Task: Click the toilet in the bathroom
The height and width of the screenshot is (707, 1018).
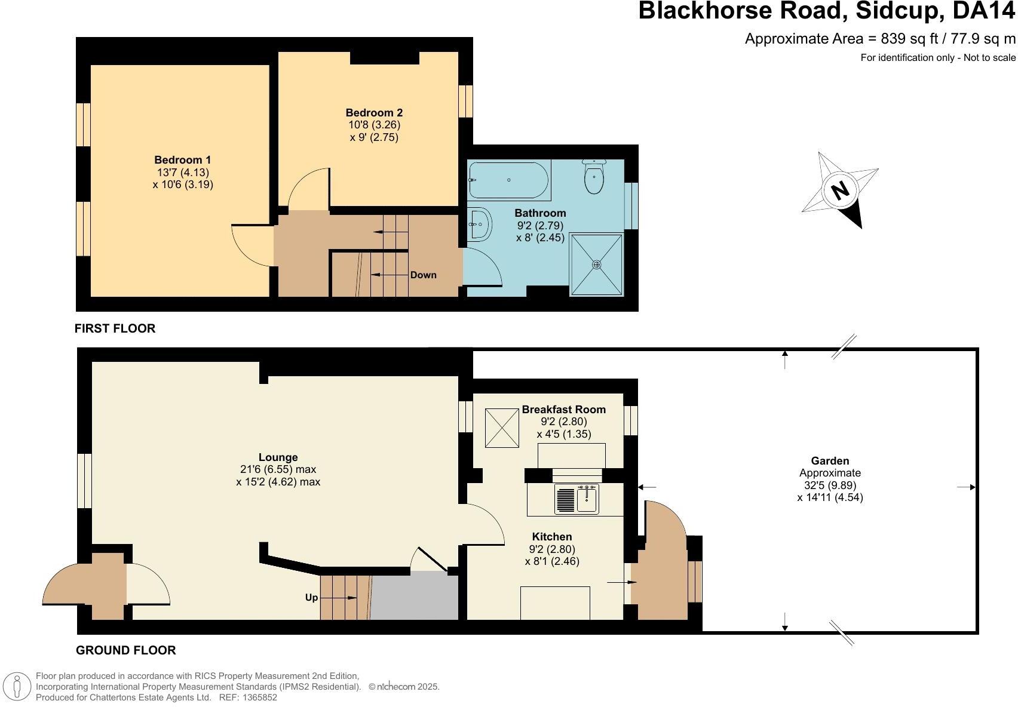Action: [594, 177]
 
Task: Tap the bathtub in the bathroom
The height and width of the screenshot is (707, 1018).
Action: [508, 180]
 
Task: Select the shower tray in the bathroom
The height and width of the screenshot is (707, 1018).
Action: [596, 265]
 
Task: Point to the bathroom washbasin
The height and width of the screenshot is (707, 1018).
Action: [479, 225]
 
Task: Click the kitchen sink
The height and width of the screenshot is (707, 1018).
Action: [577, 499]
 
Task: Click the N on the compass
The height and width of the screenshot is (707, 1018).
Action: [840, 190]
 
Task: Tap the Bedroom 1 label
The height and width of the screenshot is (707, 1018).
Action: [182, 160]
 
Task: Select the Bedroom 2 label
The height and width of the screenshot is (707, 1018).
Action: [374, 113]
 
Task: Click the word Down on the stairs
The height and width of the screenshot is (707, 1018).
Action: [423, 275]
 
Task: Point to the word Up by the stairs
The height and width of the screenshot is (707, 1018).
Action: [311, 597]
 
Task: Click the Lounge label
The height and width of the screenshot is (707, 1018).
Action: [278, 457]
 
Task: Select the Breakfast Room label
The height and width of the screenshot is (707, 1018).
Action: [563, 410]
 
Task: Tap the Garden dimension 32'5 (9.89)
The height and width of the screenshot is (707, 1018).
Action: [830, 485]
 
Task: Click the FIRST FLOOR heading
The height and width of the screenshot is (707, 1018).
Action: [115, 328]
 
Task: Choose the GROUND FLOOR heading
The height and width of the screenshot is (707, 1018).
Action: [125, 650]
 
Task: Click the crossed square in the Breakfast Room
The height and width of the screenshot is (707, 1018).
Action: [501, 428]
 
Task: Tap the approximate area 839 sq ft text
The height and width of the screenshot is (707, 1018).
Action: [879, 39]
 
